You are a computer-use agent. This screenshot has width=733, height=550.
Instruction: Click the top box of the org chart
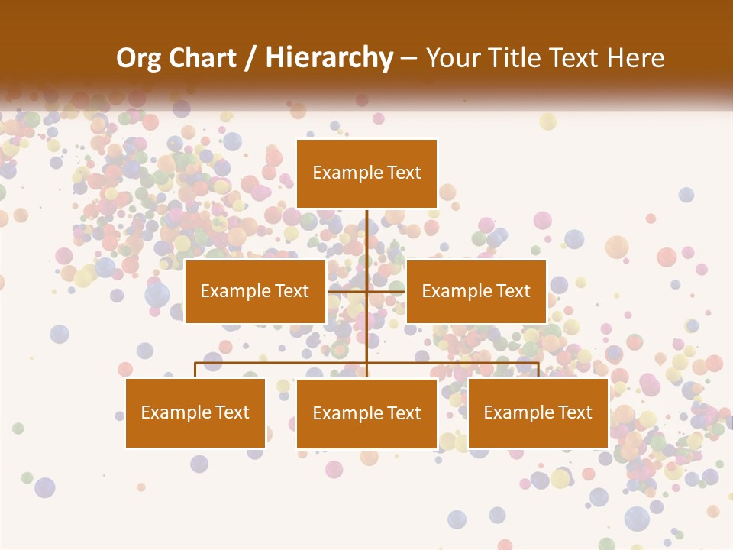coord(366,173)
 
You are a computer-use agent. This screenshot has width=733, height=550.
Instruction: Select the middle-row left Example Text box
coord(255,291)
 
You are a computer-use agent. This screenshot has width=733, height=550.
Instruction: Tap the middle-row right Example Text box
coord(476,291)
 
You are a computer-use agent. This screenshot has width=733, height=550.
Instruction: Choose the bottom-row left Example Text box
coord(195,412)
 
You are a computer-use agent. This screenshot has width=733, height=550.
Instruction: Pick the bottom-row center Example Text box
coord(366,413)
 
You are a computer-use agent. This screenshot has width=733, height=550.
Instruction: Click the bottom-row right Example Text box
coord(538,412)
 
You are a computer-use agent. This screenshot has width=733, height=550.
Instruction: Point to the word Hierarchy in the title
coord(329,58)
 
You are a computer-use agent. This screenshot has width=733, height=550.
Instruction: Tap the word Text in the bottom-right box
coord(573,412)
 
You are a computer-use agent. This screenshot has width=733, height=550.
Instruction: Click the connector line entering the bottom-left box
coord(195,370)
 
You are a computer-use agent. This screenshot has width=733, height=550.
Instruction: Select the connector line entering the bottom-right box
coord(538,370)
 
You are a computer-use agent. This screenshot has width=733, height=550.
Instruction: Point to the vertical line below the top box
coord(366,237)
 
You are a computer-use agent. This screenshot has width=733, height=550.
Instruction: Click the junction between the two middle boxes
coord(366,291)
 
